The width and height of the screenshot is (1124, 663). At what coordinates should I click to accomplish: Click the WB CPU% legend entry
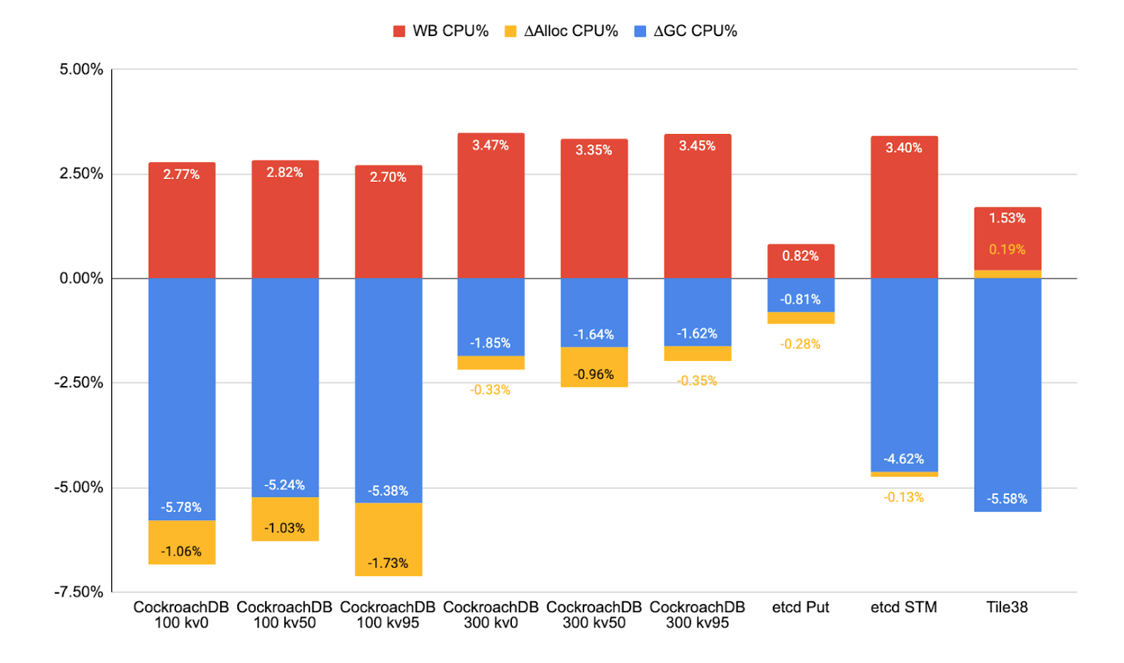tap(441, 31)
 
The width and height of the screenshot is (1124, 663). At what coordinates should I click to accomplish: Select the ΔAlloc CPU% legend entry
tap(561, 31)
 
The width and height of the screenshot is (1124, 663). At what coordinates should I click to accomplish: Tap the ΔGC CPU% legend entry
tap(686, 31)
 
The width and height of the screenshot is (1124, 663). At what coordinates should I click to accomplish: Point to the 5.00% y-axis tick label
tap(81, 69)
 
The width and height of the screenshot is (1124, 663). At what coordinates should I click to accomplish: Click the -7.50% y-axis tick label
tap(79, 592)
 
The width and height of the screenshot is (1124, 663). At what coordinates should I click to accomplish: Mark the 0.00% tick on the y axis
tap(81, 278)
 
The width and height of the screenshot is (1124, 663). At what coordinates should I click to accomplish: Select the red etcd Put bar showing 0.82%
tap(801, 262)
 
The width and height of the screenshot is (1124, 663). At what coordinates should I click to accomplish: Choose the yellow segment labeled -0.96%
tap(594, 367)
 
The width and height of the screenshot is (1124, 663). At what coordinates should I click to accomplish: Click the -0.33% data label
tap(491, 390)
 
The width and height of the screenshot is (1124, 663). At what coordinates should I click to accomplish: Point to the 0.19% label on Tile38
tap(1007, 250)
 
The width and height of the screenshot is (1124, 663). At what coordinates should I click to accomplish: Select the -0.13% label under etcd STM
tap(904, 497)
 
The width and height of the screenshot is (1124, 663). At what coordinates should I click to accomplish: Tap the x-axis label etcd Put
tap(801, 607)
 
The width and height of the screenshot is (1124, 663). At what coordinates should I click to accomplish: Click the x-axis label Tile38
tap(1007, 607)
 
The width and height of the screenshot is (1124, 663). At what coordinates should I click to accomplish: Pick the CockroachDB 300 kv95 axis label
tap(698, 614)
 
